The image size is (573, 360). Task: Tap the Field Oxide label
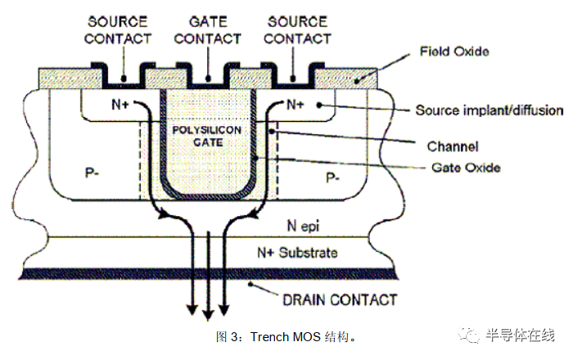coord(454,52)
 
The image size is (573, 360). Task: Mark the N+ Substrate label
coord(297,252)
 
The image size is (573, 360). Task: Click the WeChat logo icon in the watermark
coord(470,334)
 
